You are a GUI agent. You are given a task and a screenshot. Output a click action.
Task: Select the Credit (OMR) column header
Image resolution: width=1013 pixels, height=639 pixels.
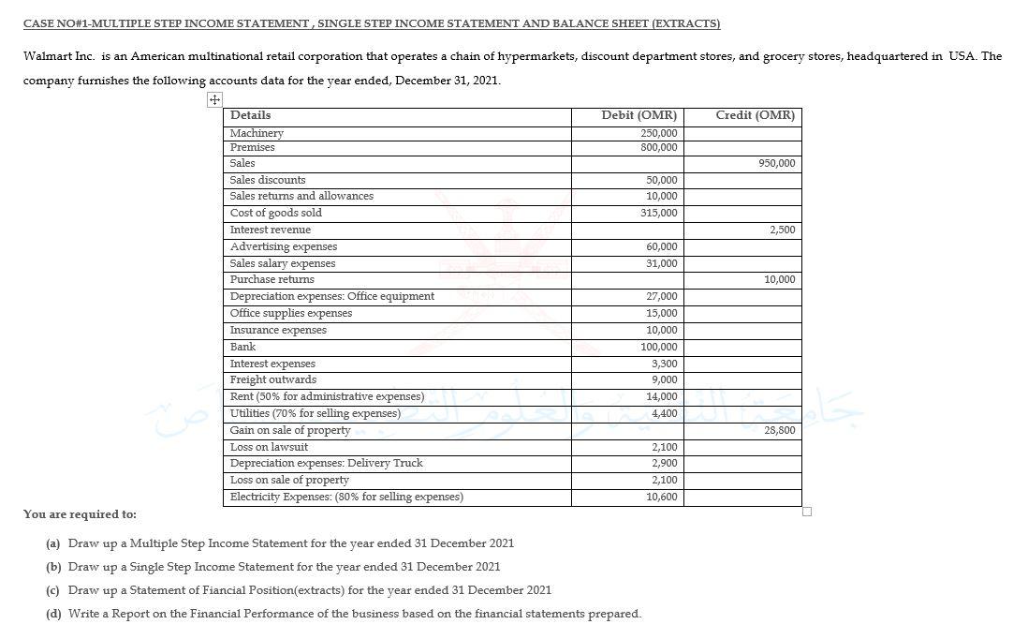click(755, 115)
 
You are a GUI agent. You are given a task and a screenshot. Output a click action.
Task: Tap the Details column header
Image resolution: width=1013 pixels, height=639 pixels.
click(250, 115)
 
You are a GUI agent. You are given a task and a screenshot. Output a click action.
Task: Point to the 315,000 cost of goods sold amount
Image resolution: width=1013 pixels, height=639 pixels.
click(660, 214)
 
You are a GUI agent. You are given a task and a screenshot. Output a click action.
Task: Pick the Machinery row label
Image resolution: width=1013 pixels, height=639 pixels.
click(257, 133)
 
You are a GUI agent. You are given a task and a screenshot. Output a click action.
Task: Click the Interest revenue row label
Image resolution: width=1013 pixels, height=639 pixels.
click(271, 230)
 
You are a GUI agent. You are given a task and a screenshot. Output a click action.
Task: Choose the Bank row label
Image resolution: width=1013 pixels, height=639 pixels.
click(242, 347)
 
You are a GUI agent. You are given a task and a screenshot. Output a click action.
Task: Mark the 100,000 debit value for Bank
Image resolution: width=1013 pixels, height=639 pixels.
click(660, 347)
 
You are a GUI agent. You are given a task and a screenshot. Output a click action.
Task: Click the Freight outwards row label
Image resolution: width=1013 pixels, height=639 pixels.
click(273, 379)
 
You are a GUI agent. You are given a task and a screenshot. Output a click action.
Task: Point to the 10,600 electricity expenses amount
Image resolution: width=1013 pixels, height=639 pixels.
click(662, 497)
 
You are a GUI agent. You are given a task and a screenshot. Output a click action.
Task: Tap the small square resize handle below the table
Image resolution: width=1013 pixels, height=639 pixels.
click(807, 512)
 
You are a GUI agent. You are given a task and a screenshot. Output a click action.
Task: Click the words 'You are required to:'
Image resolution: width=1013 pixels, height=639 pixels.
click(80, 514)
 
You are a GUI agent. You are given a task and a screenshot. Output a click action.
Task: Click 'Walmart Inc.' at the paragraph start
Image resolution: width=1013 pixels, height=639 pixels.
click(55, 56)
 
